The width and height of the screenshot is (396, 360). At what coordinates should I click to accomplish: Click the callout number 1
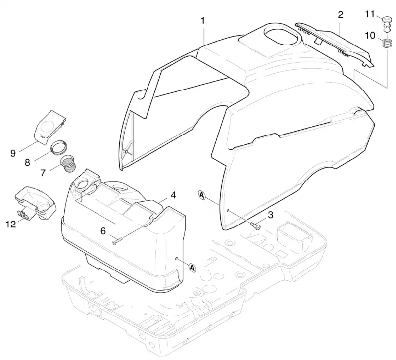click(x=202, y=21)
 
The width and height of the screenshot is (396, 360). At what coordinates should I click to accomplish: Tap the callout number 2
click(x=341, y=15)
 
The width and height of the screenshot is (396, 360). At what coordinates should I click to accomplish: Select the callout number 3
click(x=270, y=215)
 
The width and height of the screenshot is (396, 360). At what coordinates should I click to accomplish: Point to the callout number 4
click(x=173, y=195)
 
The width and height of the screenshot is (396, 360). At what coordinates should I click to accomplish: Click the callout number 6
click(x=103, y=231)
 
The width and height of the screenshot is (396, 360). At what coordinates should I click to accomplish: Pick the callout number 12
click(x=11, y=224)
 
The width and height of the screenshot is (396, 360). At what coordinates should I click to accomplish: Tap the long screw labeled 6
click(x=118, y=240)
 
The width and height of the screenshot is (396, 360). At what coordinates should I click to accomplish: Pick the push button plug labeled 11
click(x=387, y=24)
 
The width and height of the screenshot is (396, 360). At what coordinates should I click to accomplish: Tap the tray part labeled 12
click(x=36, y=203)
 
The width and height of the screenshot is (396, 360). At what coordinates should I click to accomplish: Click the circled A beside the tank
click(x=193, y=268)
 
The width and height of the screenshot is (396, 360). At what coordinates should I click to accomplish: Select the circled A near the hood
click(x=202, y=195)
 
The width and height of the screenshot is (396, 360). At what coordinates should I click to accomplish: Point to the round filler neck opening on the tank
click(x=83, y=183)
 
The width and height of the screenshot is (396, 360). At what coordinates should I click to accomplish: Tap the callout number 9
click(x=13, y=153)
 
